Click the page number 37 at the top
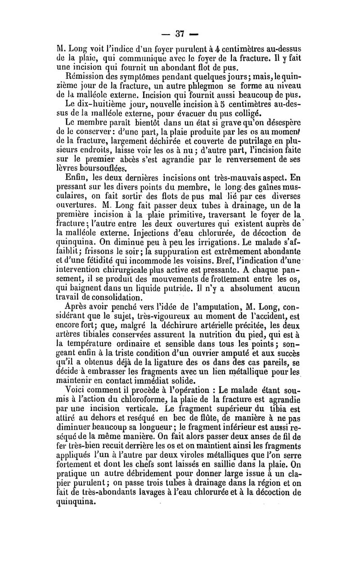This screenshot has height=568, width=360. click(180, 34)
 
